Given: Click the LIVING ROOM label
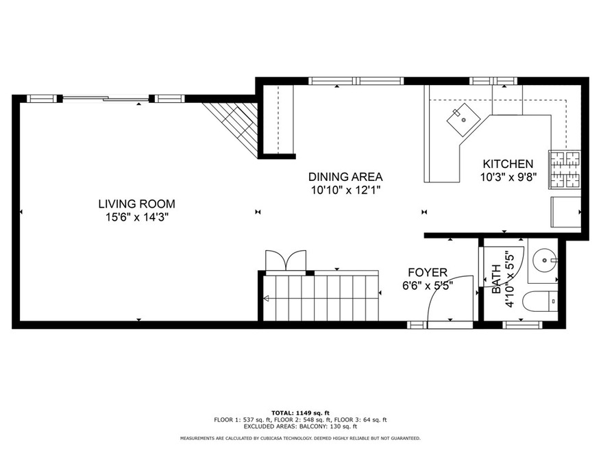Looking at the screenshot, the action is [x=137, y=204].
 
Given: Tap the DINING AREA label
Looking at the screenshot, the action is [x=345, y=177].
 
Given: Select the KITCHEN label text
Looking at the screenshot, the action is [x=508, y=164].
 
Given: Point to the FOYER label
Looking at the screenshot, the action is [x=428, y=272].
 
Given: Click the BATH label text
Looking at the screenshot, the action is [x=496, y=279].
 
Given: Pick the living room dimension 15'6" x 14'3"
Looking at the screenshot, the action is [x=137, y=217].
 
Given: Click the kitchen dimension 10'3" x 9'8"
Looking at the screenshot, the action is [x=508, y=177].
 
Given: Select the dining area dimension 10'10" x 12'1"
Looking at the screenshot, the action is [x=345, y=191].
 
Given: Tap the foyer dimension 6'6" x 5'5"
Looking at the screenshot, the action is [x=428, y=286].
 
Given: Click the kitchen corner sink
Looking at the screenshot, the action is [x=463, y=120].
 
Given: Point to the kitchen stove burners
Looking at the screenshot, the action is [x=565, y=169].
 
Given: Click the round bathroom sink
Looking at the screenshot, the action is [x=544, y=260].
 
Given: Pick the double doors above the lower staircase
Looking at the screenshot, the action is [x=286, y=260].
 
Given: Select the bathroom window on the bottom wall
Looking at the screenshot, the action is [x=522, y=325].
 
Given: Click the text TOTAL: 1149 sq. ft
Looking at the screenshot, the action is [x=300, y=413].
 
